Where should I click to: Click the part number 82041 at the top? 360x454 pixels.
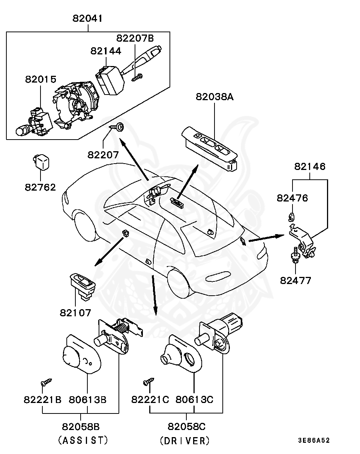pos(87,18)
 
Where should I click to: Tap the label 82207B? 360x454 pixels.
pos(135,38)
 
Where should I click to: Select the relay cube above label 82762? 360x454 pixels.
pos(41,162)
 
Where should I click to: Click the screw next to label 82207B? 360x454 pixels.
pos(137,77)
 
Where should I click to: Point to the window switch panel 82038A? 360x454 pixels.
pos(210,149)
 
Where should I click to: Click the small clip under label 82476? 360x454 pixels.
pos(291,217)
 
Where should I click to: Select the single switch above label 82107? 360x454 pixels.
pos(82,286)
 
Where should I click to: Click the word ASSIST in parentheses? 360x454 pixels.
pos(83,440)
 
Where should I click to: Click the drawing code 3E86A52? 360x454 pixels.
pos(314,440)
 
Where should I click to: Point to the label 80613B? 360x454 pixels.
pos(87,400)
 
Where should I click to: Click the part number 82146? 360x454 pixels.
pos(310,167)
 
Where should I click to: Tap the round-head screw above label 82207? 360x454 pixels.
pos(117,127)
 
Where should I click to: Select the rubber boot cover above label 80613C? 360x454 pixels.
pos(181,354)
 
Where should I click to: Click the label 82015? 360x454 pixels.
pos(41,79)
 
